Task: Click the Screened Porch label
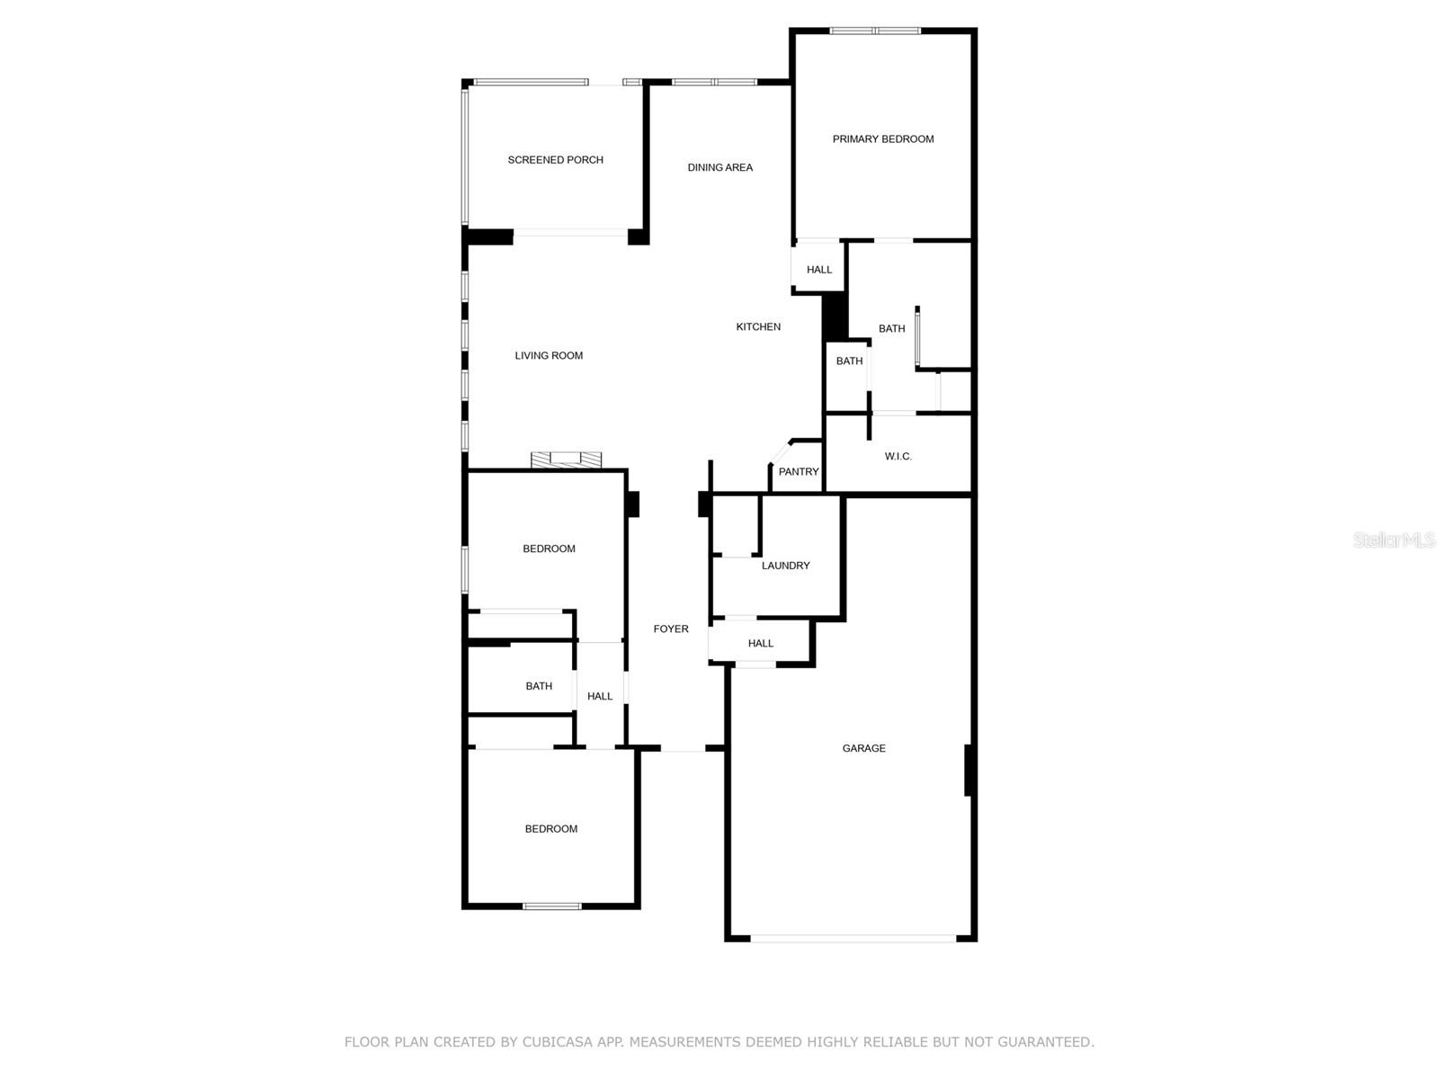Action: click(x=555, y=160)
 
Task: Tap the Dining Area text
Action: click(x=719, y=168)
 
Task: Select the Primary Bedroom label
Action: click(x=883, y=138)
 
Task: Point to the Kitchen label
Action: click(x=758, y=327)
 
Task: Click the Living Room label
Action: click(x=549, y=356)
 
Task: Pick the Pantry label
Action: click(x=799, y=472)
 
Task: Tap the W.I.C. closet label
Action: click(x=898, y=457)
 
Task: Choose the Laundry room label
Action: click(x=785, y=566)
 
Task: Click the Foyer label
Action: click(x=671, y=629)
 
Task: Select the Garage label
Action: click(x=863, y=748)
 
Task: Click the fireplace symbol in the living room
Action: click(x=566, y=459)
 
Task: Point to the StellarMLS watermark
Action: click(x=1394, y=539)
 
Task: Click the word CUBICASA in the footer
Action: click(x=557, y=1041)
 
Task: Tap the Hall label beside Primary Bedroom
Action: click(x=818, y=270)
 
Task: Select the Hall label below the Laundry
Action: click(x=761, y=643)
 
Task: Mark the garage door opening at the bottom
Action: click(x=853, y=939)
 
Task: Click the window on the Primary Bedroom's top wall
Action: click(x=875, y=31)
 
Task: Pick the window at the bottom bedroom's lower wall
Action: click(x=552, y=906)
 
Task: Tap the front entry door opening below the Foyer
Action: click(x=683, y=748)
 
